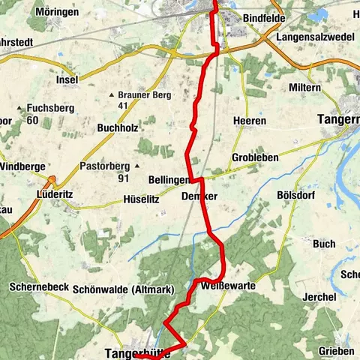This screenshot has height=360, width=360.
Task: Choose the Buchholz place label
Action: point(118,128)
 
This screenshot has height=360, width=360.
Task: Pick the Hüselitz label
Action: point(141,200)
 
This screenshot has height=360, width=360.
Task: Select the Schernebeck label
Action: point(40,286)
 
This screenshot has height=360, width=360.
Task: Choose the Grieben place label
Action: point(336,350)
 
